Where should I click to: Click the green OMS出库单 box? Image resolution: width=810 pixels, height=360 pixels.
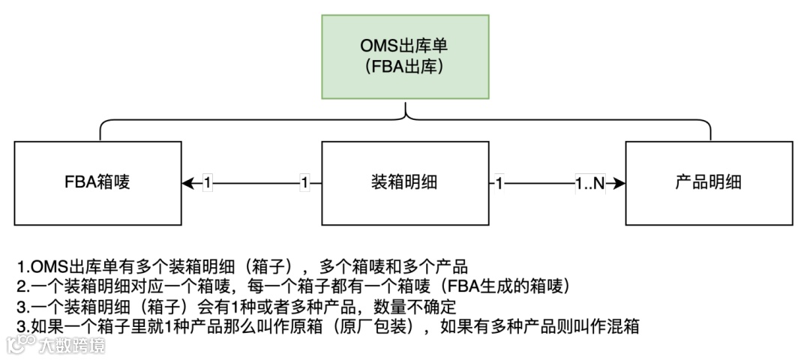coord(405,56)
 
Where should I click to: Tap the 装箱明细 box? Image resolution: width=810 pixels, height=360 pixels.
coord(405,182)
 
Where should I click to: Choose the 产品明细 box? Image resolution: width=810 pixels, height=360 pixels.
coord(709,182)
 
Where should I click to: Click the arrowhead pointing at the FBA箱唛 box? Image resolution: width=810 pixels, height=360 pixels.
coord(187,182)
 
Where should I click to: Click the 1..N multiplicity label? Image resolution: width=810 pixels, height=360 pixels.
coord(589,182)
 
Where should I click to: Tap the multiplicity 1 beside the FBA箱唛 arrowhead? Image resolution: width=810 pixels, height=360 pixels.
coord(208,182)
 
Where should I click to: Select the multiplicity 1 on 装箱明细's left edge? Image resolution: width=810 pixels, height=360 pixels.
coord(304,182)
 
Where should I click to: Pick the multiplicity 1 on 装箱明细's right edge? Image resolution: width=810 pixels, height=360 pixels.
coord(499,182)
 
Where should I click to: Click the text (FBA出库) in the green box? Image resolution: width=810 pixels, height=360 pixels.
coord(405,66)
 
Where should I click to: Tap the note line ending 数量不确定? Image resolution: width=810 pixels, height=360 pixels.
coord(237,307)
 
